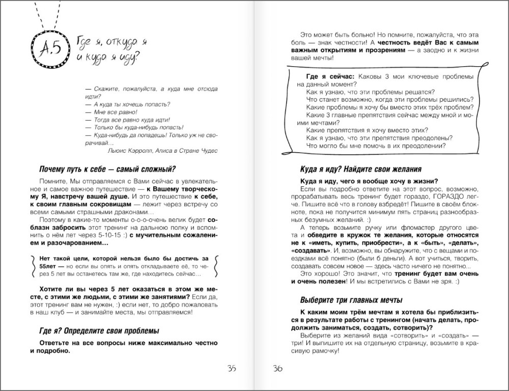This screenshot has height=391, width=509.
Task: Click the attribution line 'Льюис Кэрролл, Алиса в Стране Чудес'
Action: tap(163, 151)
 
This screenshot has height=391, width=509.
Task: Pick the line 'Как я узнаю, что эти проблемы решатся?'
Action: tap(371, 92)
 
